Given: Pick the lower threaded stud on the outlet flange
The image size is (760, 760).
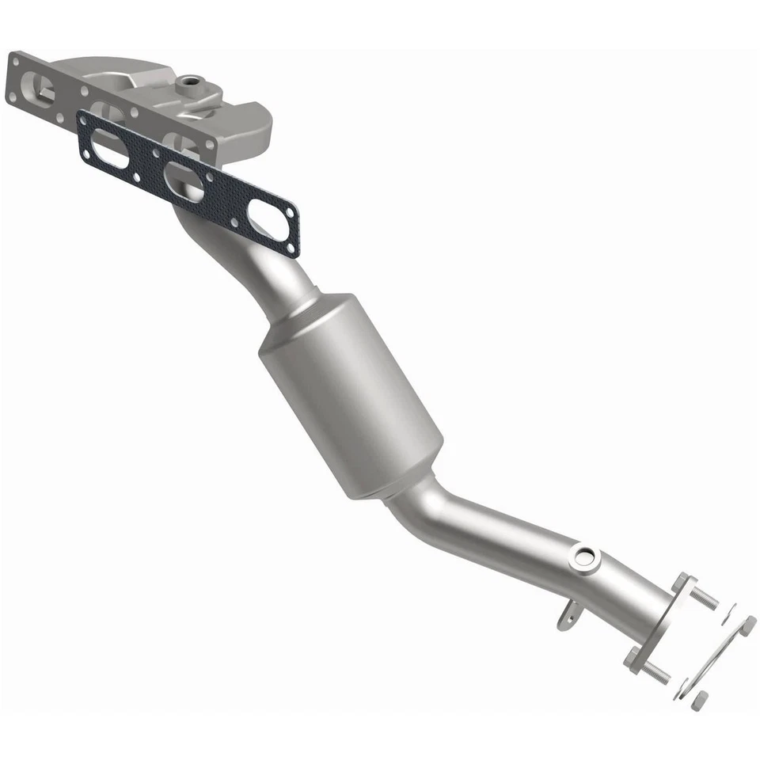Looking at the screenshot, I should pos(658,671).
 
